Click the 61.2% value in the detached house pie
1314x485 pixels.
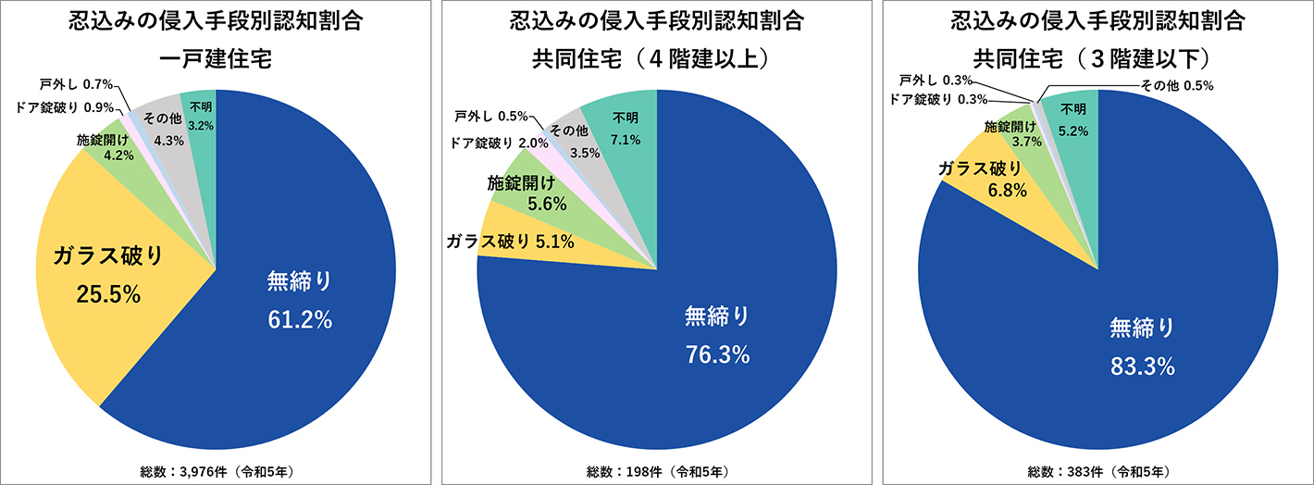pyautogui.click(x=299, y=319)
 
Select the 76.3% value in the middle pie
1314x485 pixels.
pyautogui.click(x=717, y=354)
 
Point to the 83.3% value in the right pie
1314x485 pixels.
pyautogui.click(x=1142, y=367)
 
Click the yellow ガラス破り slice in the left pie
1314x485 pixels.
pyautogui.click(x=111, y=278)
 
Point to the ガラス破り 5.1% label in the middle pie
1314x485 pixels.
pyautogui.click(x=510, y=242)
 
